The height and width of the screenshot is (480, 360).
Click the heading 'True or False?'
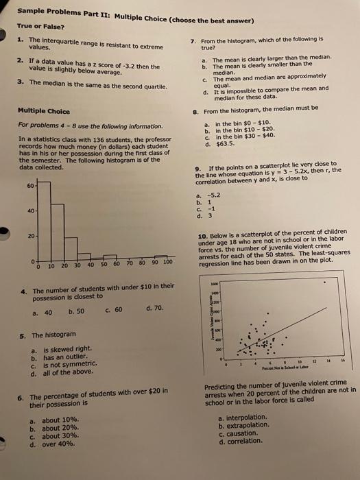40,27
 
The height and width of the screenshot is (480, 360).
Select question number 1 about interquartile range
21,42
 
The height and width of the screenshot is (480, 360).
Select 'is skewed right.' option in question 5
58,348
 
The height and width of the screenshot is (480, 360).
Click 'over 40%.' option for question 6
59,444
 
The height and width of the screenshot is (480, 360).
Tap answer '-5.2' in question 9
223,194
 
